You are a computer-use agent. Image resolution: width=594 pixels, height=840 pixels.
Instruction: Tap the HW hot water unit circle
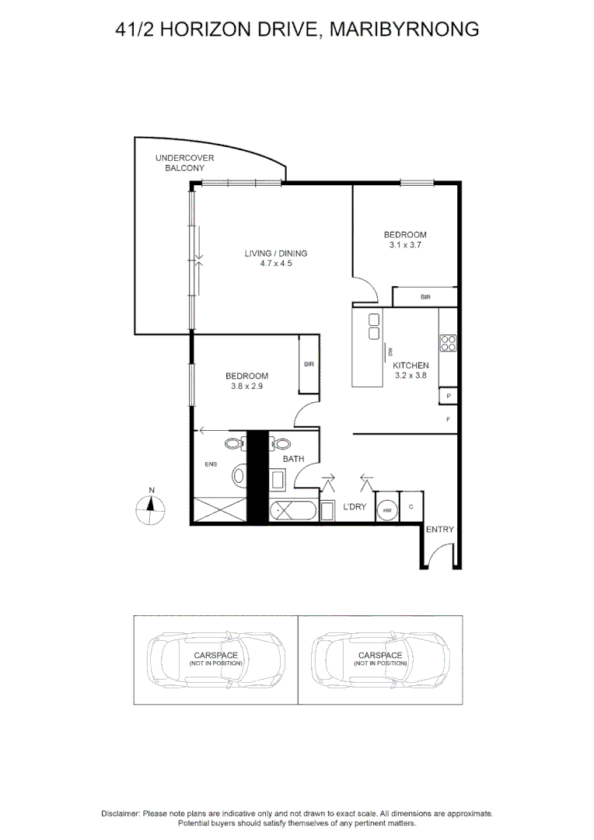pos(386,509)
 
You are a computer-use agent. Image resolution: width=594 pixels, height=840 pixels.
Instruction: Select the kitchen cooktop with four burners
pos(448,343)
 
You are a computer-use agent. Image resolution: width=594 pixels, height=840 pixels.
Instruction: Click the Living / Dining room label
pos(276,254)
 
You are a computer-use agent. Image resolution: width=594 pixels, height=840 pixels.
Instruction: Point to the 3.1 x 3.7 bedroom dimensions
pos(405,245)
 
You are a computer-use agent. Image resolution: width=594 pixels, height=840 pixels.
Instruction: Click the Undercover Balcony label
pos(184,163)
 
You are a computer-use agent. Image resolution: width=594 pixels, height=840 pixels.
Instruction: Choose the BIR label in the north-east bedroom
pos(425,297)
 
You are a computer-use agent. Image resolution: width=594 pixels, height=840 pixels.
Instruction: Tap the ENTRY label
pos(440,530)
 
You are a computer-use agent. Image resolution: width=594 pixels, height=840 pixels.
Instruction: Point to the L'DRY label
pos(355,507)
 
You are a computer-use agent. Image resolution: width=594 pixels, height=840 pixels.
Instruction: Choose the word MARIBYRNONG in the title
pos(404,30)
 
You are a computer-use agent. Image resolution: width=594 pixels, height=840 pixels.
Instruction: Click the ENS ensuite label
pos(211,465)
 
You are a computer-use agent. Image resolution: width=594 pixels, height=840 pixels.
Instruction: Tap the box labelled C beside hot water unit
pos(411,508)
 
